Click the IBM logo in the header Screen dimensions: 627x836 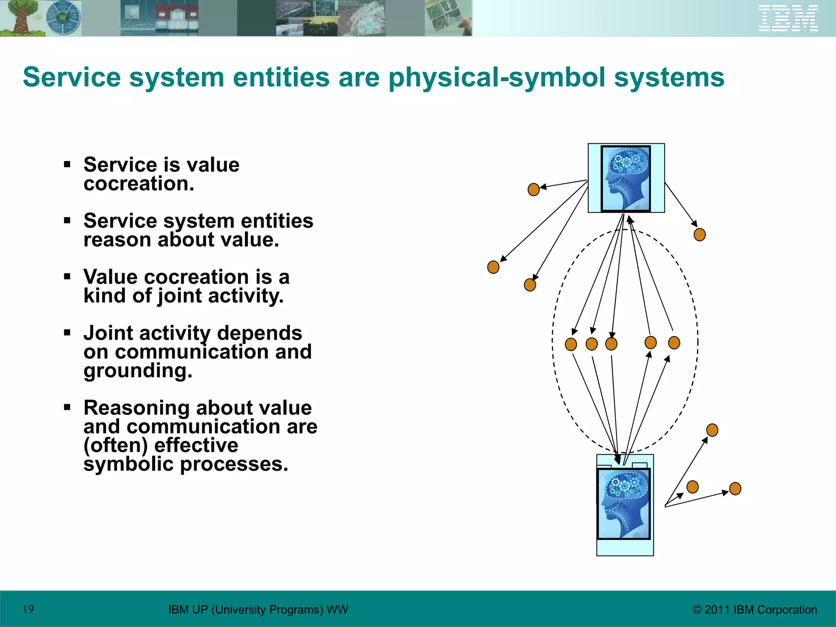(788, 18)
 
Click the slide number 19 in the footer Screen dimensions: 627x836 (28, 609)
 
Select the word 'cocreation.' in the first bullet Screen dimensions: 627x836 (139, 184)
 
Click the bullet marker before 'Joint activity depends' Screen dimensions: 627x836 (67, 333)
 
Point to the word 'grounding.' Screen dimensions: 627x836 (138, 371)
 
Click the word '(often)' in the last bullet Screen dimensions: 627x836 (116, 445)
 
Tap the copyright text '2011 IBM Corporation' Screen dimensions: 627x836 (760, 609)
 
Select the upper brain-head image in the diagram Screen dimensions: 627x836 (625, 178)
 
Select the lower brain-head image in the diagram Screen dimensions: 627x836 (623, 504)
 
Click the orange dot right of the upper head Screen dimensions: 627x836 (699, 235)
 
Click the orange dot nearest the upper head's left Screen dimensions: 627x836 (534, 189)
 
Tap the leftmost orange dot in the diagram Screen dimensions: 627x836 (493, 267)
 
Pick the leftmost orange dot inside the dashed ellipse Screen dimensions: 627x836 (571, 344)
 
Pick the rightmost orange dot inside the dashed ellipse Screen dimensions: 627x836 (674, 342)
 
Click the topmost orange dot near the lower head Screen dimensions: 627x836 (712, 430)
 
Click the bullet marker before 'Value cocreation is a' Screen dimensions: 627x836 (67, 277)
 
